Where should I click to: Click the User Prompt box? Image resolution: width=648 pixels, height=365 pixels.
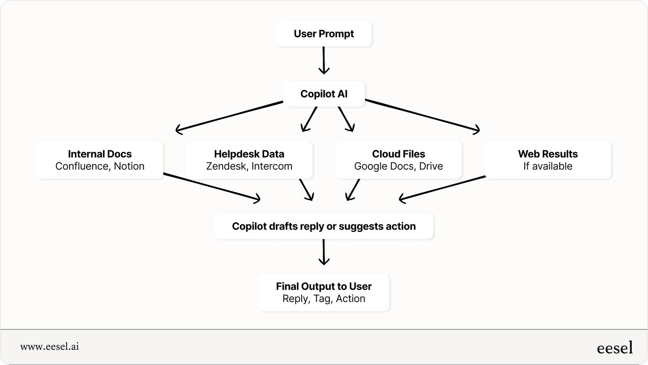324,34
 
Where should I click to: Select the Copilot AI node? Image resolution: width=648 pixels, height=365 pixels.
324,94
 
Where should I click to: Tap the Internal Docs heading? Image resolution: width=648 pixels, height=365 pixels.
100,154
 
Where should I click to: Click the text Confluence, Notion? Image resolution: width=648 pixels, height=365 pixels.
100,166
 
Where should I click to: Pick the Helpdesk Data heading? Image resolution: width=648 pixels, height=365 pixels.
249,154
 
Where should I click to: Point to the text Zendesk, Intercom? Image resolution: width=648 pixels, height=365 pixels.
249,166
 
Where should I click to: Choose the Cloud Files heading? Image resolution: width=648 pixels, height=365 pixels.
398,154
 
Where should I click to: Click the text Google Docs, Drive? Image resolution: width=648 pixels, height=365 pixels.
398,166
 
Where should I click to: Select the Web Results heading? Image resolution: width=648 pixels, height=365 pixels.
547,154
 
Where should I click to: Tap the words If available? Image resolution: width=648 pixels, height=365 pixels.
547,166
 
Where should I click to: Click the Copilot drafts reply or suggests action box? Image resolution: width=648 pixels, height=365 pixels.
324,226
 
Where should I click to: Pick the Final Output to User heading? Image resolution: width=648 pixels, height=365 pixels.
324,286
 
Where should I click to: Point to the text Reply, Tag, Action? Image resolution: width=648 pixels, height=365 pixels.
324,299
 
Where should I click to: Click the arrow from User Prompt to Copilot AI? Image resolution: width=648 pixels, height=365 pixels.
324,60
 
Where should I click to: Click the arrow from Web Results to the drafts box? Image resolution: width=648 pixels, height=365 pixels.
442,188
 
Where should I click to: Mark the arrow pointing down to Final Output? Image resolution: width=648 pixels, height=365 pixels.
324,252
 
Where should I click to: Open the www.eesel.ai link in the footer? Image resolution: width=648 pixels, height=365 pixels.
49,346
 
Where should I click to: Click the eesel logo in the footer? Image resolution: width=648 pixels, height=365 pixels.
614,348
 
